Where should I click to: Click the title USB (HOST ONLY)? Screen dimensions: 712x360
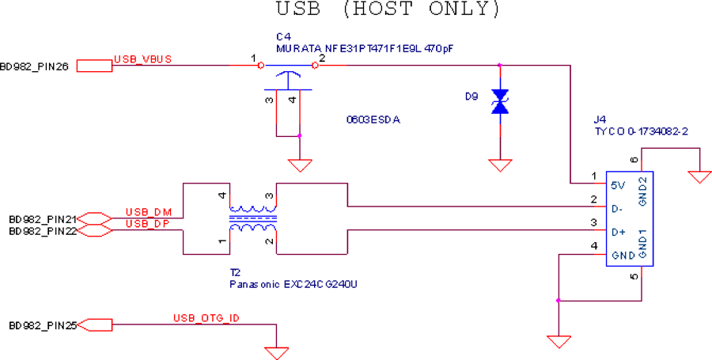point(388,9)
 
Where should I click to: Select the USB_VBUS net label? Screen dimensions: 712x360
point(142,59)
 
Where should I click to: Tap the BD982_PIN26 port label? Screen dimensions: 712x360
point(35,67)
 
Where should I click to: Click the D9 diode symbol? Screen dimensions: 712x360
point(500,102)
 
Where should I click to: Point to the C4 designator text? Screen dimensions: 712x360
point(283,36)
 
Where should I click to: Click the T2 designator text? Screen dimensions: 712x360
point(235,273)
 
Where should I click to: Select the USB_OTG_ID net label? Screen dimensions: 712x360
point(206,318)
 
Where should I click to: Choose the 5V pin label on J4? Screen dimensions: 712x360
point(619,185)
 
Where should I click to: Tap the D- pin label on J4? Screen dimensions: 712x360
point(617,210)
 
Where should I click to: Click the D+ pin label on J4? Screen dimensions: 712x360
point(619,233)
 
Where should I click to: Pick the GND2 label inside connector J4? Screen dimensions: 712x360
point(643,191)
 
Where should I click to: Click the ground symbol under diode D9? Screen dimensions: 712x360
point(500,165)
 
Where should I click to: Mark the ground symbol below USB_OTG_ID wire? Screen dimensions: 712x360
point(276,354)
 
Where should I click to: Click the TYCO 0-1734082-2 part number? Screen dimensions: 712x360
point(641,131)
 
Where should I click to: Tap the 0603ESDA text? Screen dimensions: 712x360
point(373,121)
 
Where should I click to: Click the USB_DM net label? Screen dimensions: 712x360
point(149,212)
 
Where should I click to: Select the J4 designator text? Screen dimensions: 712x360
point(600,119)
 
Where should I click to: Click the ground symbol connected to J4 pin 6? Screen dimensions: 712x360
point(700,177)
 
